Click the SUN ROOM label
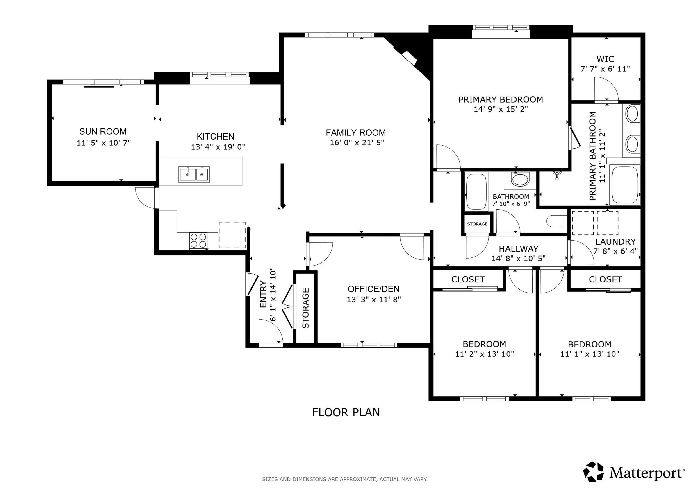(x=103, y=132)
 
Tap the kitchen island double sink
(x=194, y=174)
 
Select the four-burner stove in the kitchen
(x=198, y=241)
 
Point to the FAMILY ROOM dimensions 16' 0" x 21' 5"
(x=357, y=142)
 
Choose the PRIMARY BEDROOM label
(x=501, y=100)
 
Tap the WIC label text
(x=605, y=59)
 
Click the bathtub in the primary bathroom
(x=624, y=185)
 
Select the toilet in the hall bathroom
(x=557, y=221)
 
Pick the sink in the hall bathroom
(x=520, y=179)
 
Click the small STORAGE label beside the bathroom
(x=477, y=224)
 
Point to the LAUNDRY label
(x=615, y=242)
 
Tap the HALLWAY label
(x=518, y=249)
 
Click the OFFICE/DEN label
(x=374, y=289)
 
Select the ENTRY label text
(x=263, y=295)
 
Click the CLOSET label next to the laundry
(x=605, y=279)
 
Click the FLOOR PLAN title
(x=346, y=412)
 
